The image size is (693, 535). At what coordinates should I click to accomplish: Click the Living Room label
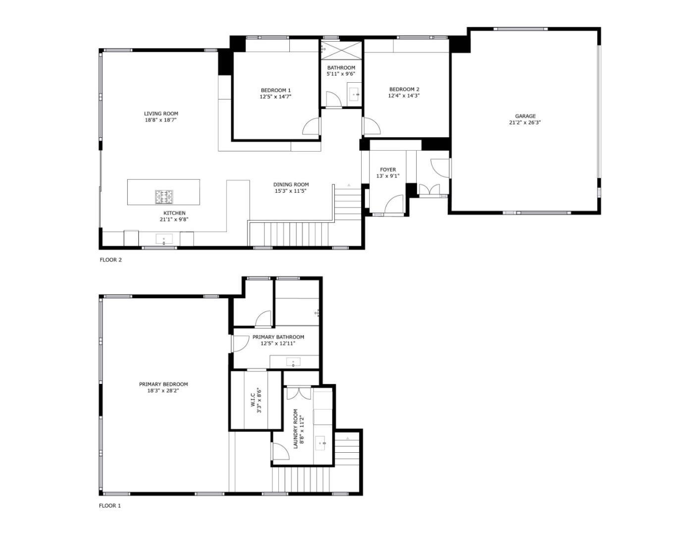click(x=161, y=113)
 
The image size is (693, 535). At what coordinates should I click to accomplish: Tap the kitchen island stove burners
click(x=164, y=197)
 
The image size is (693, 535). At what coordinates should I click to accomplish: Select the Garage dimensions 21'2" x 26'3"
click(x=525, y=123)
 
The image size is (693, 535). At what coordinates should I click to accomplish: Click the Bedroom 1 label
click(x=275, y=90)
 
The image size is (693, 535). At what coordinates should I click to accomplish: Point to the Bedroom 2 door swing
click(x=371, y=126)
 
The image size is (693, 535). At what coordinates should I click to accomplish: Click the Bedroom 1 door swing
click(x=312, y=127)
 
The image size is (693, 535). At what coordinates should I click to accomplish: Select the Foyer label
click(x=387, y=170)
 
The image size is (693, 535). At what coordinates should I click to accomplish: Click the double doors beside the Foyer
click(x=429, y=190)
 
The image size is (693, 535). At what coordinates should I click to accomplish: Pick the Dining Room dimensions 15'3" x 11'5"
click(x=291, y=191)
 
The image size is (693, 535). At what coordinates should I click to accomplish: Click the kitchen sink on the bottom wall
click(x=164, y=240)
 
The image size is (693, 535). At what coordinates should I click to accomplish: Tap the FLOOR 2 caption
click(x=110, y=260)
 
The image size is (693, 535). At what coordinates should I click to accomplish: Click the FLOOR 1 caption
click(x=110, y=506)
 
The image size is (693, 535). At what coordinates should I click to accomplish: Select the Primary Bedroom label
click(x=163, y=384)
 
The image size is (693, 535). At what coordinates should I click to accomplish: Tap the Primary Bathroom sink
click(x=293, y=363)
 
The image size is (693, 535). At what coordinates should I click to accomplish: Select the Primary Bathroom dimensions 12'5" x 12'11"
click(x=278, y=343)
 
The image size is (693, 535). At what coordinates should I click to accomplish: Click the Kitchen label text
click(x=174, y=213)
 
